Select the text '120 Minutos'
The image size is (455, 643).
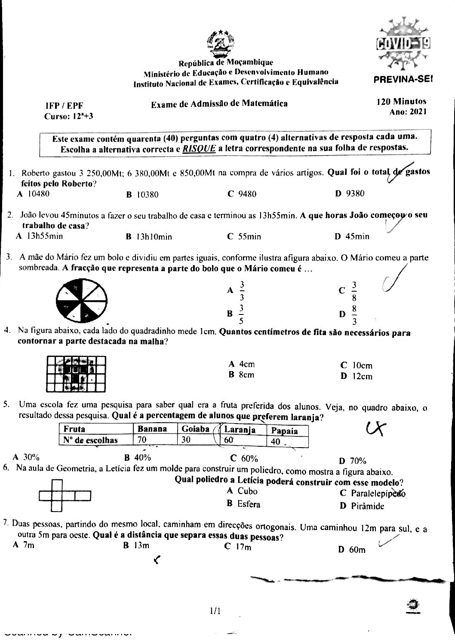pyautogui.click(x=401, y=102)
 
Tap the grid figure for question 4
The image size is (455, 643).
pyautogui.click(x=76, y=374)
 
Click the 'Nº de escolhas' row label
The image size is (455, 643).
pyautogui.click(x=90, y=440)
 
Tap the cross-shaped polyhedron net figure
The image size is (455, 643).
pyautogui.click(x=65, y=496)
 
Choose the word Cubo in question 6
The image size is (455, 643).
pyautogui.click(x=247, y=491)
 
